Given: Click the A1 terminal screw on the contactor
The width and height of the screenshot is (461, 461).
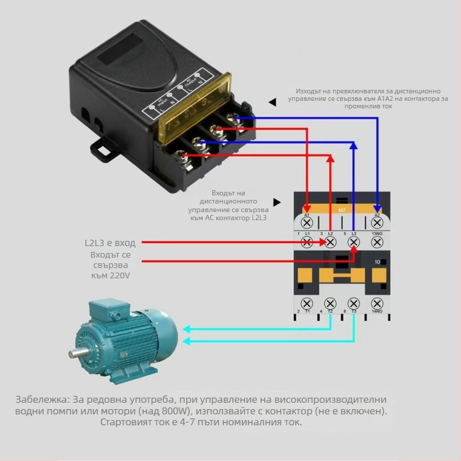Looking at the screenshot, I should (307, 222).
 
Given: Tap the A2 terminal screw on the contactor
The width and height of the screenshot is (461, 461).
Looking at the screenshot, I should (377, 222).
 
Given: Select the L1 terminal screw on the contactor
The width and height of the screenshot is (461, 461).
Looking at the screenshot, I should (307, 243).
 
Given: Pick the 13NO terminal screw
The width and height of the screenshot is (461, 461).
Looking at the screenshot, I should (377, 243).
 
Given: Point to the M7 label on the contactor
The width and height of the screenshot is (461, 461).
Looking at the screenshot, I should (342, 210).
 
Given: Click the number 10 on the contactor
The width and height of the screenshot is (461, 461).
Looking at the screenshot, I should (378, 262).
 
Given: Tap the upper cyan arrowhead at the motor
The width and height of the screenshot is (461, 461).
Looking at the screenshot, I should (187, 330).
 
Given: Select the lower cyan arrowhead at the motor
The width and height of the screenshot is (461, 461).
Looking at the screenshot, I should (187, 341).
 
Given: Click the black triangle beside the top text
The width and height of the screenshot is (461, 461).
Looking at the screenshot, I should (272, 102).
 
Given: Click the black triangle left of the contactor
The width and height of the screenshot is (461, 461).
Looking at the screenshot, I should (277, 202).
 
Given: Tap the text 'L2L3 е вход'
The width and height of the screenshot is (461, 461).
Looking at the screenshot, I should (109, 243).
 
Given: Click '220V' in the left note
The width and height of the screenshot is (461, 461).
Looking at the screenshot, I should (118, 276).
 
